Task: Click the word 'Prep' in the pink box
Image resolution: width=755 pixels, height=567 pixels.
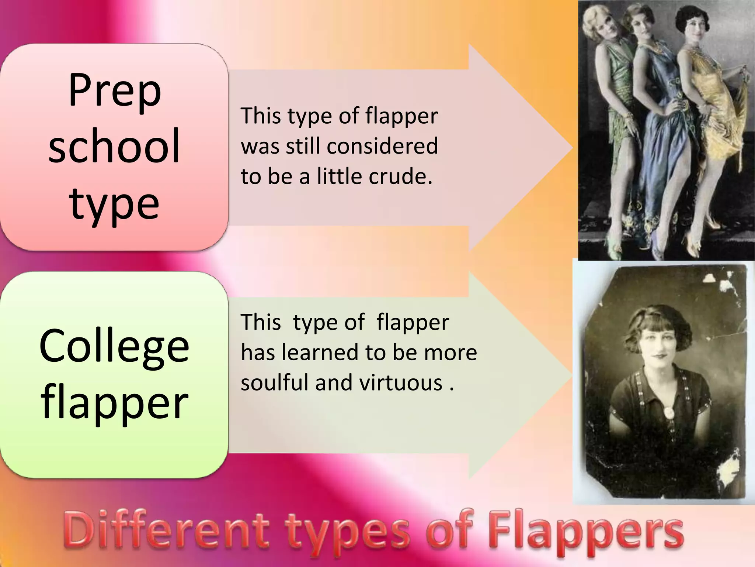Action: (x=115, y=91)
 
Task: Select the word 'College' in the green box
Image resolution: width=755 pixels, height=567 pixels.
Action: (x=114, y=346)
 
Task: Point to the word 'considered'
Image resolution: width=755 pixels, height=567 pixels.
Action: (x=382, y=146)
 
